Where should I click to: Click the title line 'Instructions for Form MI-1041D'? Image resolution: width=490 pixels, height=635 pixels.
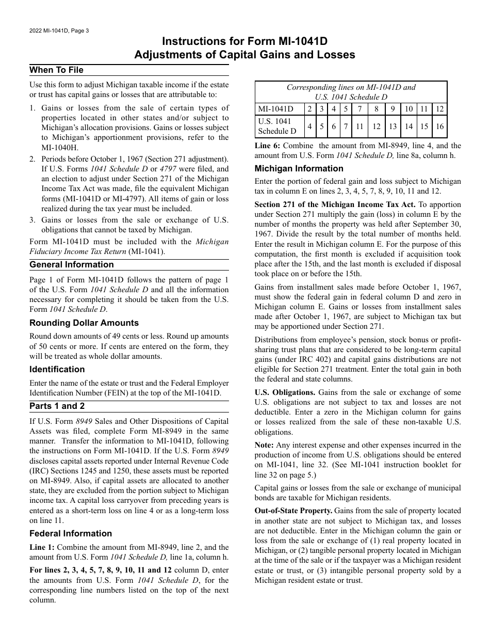244,41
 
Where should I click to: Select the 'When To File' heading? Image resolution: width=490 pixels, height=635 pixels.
56,70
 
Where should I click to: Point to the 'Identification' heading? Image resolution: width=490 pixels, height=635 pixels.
57,370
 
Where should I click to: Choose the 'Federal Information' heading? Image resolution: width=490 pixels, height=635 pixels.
71,534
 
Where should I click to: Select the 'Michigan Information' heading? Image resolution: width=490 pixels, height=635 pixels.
299,169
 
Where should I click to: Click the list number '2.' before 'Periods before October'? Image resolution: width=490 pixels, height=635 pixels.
32,159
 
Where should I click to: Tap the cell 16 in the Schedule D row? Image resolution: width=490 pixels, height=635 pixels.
439,126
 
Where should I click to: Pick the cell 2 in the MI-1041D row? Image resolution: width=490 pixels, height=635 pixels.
309,109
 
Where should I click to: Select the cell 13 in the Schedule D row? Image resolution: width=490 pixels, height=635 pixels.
393,126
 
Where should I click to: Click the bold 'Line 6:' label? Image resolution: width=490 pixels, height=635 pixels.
267,146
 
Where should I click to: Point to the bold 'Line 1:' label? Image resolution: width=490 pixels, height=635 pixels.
42,547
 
